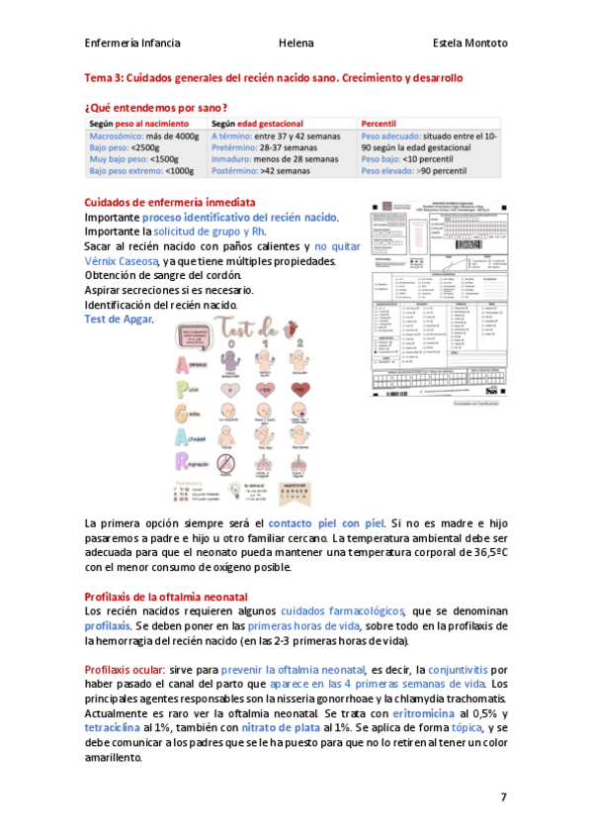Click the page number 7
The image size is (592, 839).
(503, 796)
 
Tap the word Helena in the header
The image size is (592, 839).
(296, 44)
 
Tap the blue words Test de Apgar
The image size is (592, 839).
(119, 320)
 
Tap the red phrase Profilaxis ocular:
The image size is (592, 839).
(126, 670)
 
